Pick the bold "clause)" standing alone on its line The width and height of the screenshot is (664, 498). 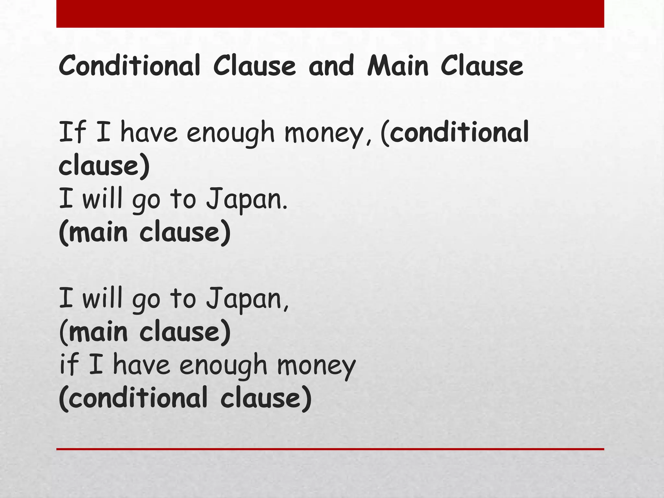[x=104, y=165]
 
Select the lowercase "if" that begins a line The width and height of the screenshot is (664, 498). [x=69, y=364]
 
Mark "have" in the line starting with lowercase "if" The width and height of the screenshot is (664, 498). [x=141, y=364]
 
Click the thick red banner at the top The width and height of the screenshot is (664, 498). [x=330, y=14]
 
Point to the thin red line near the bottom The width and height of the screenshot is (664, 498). [x=330, y=449]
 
